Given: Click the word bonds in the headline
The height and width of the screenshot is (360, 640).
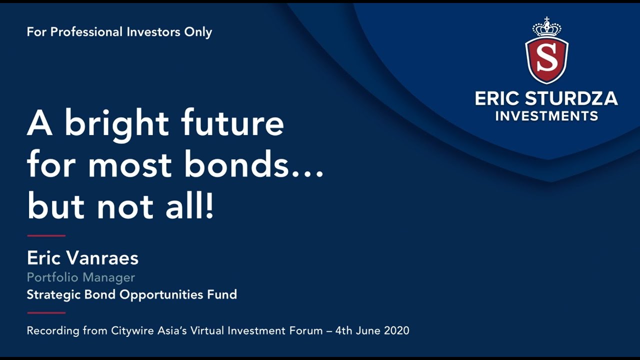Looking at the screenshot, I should click(x=236, y=165).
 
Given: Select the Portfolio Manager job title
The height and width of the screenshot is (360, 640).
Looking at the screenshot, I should click(x=81, y=277).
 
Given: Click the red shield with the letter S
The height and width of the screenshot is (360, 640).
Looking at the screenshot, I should click(x=546, y=59).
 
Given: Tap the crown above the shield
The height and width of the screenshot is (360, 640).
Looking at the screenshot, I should click(x=546, y=27).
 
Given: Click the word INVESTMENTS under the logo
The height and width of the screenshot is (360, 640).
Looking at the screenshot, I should click(x=546, y=116).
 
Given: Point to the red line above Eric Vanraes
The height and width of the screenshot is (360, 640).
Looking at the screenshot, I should click(x=46, y=235).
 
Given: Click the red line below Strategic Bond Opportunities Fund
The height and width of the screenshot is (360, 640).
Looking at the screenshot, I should click(x=46, y=313).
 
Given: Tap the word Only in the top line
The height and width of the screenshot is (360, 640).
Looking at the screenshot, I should click(x=198, y=32).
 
